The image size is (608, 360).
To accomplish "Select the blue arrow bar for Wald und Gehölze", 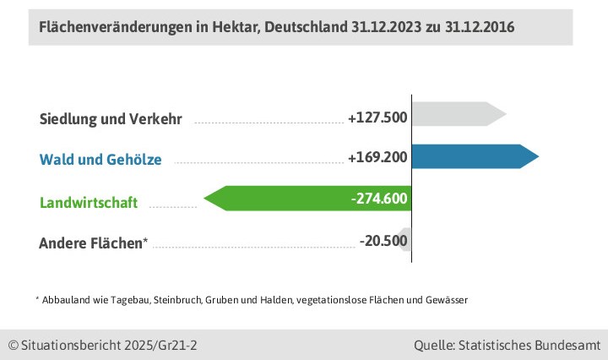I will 473,157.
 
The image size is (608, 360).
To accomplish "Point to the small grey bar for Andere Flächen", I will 406,240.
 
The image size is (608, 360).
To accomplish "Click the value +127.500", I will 377,117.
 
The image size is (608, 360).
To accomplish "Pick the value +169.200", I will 377,157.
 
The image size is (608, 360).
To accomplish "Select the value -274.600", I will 379,199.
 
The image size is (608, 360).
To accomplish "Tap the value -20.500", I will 383,241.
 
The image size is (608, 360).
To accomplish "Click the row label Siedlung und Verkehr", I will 111,118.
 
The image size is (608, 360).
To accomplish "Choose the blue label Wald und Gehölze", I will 100,159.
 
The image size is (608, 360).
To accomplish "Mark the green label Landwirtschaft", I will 89,203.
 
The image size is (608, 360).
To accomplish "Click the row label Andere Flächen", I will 93,243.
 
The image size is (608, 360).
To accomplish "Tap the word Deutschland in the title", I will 305,27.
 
